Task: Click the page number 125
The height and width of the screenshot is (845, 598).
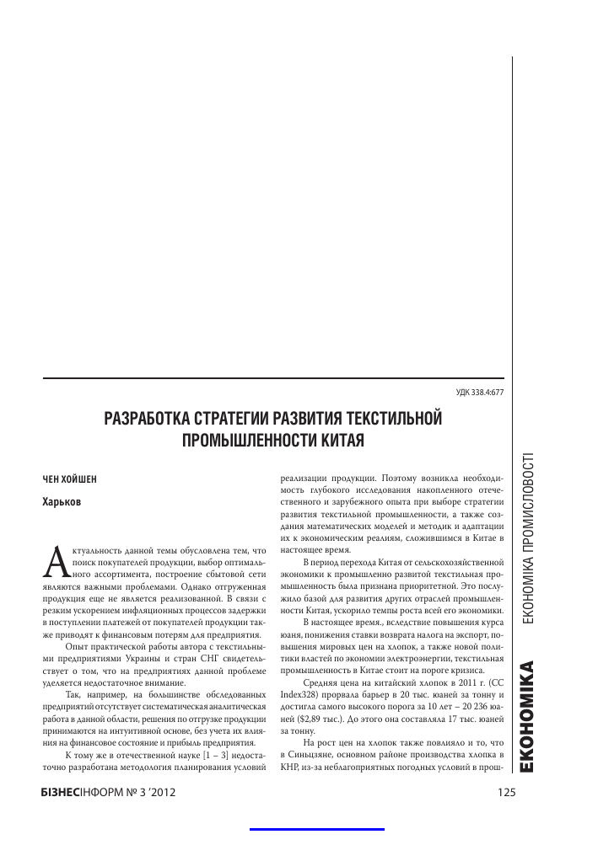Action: coord(506,792)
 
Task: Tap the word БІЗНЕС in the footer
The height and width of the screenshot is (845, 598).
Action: coord(60,792)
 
